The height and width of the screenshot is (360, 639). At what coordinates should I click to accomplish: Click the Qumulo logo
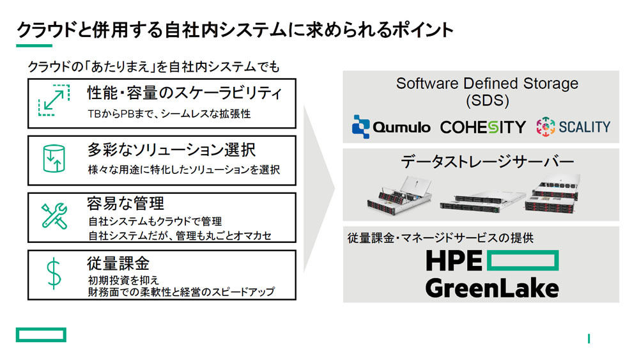coord(391,127)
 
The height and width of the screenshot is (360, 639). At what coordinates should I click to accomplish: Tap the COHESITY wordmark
coord(483,127)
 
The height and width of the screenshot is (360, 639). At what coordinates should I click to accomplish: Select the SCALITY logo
coord(573,127)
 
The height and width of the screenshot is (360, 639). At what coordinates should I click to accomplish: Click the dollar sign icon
coord(54,274)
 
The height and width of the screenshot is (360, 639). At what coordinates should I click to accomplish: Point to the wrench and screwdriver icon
coord(54,216)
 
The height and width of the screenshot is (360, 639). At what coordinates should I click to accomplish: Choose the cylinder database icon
coord(54,159)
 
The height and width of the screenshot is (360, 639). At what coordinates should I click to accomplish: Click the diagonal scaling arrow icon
coord(54,100)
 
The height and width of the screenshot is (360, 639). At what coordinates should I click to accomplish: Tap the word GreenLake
coord(492,288)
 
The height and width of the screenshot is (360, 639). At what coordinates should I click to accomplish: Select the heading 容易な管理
coord(125,203)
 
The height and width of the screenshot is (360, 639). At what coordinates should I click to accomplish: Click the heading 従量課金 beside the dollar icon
coord(118,263)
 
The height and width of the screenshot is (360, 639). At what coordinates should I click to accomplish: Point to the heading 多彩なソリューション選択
coord(171,150)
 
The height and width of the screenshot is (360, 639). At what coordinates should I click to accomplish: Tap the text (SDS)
coord(488,100)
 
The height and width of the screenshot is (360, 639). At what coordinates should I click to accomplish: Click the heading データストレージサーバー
coord(488,162)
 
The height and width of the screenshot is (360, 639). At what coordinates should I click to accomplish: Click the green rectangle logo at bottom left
coord(41,334)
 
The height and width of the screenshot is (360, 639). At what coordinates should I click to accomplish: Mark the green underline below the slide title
coord(35,45)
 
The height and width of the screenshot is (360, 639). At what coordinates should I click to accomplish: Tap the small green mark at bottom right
coord(589,338)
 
